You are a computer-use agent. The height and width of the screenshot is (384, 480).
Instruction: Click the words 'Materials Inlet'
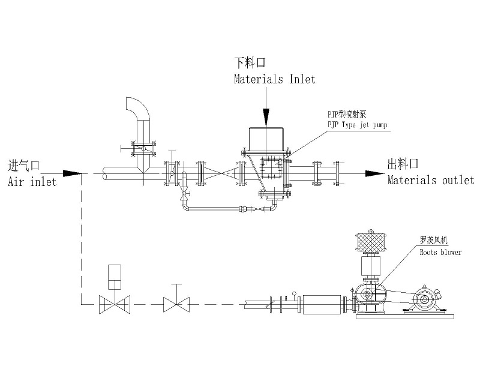pyautogui.click(x=274, y=79)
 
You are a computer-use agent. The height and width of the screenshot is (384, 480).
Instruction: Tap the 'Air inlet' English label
pyautogui.click(x=32, y=180)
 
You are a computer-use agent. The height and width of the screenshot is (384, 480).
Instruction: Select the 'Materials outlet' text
pyautogui.click(x=430, y=180)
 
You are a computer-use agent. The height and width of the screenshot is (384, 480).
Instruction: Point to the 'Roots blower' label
pyautogui.click(x=440, y=252)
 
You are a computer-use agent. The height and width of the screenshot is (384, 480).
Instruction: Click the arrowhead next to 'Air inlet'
pyautogui.click(x=72, y=173)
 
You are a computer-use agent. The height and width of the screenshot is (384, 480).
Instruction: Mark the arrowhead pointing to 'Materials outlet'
pyautogui.click(x=376, y=173)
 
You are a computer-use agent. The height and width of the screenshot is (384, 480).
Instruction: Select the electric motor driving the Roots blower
pyautogui.click(x=425, y=299)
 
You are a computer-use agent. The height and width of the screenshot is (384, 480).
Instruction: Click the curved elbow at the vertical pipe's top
pyautogui.click(x=136, y=107)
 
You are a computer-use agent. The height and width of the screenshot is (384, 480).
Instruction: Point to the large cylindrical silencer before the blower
pyautogui.click(x=323, y=304)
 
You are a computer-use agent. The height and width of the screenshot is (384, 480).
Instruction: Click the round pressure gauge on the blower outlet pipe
pyautogui.click(x=294, y=294)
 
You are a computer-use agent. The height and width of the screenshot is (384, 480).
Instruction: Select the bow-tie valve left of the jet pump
pyautogui.click(x=221, y=174)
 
